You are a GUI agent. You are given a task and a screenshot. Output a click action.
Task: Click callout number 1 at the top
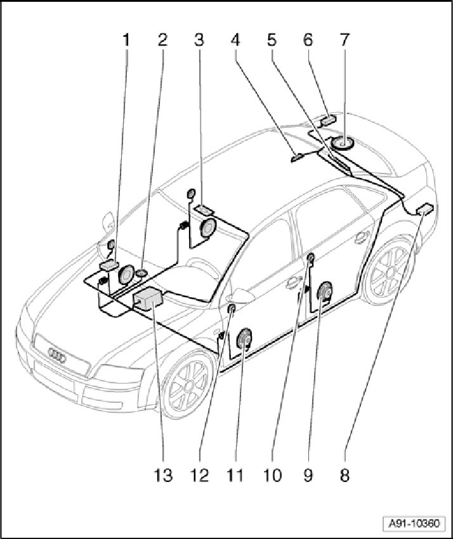tap(126, 41)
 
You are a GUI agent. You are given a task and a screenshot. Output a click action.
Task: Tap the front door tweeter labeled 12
tap(232, 309)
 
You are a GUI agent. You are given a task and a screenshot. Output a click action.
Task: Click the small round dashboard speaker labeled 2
tap(142, 273)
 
